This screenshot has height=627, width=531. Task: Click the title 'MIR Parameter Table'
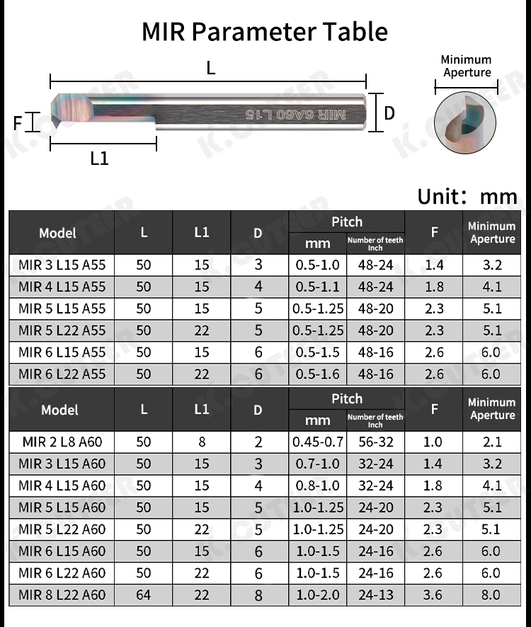265,32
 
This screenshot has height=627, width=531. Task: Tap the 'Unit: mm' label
467,197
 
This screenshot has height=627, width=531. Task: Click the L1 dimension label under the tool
99,159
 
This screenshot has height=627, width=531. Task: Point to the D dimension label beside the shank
389,113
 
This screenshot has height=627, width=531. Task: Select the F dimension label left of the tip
17,123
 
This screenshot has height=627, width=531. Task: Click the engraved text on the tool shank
296,115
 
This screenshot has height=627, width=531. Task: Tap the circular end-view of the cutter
465,122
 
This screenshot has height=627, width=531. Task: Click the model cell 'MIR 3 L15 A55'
62,265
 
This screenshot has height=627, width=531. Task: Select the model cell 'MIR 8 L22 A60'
62,594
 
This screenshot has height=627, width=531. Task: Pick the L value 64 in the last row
143,594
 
